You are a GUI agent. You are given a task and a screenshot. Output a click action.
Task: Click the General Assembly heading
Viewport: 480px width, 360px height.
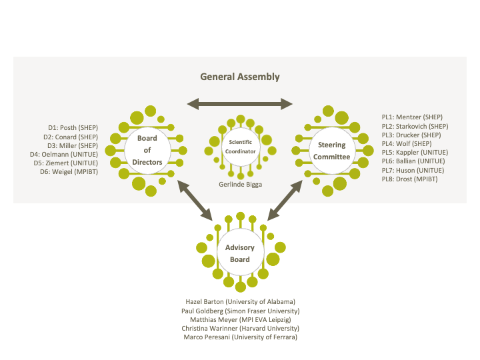pos(240,77)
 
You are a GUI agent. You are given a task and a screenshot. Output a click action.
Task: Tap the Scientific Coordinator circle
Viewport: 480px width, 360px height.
pos(241,146)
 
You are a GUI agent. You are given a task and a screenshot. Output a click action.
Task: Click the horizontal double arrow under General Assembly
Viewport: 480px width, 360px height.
pos(240,103)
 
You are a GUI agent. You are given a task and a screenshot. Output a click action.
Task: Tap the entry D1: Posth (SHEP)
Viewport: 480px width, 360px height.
pos(73,127)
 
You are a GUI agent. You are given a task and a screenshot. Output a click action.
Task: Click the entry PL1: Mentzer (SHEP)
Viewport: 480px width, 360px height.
pos(411,117)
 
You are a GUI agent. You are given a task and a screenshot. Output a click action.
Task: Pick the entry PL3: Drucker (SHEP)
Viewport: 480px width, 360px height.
pos(411,135)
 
